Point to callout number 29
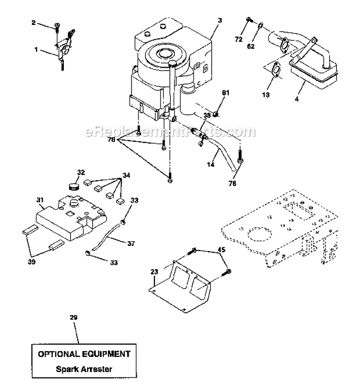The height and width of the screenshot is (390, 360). (x=73, y=317)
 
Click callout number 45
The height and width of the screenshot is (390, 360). (x=221, y=249)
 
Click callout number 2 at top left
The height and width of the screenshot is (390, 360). (x=47, y=22)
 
